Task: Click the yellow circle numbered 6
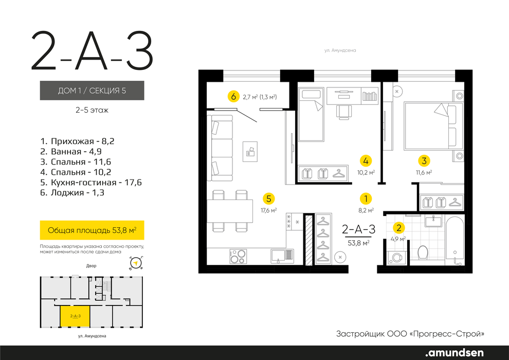tap(233, 97)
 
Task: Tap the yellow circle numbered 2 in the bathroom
tap(398, 228)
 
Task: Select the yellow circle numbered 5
tap(268, 199)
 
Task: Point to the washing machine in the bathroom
tap(397, 258)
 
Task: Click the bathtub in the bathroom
tap(455, 240)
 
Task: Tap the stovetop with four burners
tap(238, 257)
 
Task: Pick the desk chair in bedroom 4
tap(344, 112)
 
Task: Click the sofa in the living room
tap(221, 148)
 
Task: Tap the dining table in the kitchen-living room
tap(230, 211)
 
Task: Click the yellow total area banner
tap(92, 230)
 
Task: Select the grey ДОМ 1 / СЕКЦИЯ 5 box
tap(92, 90)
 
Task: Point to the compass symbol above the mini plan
tap(136, 263)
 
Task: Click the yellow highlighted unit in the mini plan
tap(75, 316)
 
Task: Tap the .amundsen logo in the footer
tap(454, 353)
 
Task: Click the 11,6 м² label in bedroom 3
tap(424, 173)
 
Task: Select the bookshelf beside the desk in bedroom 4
tap(370, 96)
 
